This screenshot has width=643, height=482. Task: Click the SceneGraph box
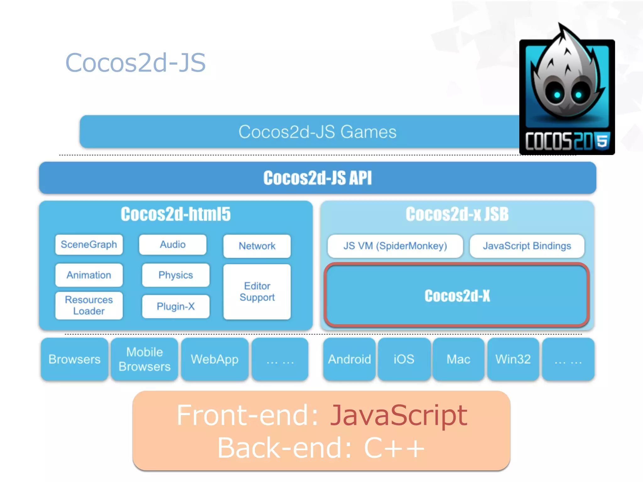[x=89, y=244]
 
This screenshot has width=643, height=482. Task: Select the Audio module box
[x=173, y=244]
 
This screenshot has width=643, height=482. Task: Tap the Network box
[x=257, y=246]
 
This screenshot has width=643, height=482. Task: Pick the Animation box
[x=89, y=275]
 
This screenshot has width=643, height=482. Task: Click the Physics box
[x=176, y=275]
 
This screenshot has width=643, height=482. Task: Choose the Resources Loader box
[x=89, y=305]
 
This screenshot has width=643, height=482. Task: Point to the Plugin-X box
[x=176, y=306]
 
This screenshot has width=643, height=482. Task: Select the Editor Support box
[x=257, y=292]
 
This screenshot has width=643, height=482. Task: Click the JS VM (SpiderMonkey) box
[x=395, y=246]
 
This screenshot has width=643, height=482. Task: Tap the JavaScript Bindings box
[x=527, y=246]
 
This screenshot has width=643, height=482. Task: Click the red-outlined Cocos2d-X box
[x=457, y=295]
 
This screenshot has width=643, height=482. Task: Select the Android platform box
[x=349, y=359]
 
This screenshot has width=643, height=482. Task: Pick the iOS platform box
[x=404, y=359]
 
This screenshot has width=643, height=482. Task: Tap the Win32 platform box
[x=513, y=359]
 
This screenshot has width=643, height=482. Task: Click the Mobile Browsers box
[x=144, y=359]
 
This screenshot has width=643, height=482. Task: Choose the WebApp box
[x=215, y=359]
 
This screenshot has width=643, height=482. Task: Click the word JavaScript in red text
[x=399, y=415]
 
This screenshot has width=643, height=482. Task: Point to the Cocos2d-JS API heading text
[x=317, y=178]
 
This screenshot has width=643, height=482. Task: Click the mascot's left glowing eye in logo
[x=557, y=94]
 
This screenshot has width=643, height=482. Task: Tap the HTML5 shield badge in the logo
[x=602, y=141]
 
